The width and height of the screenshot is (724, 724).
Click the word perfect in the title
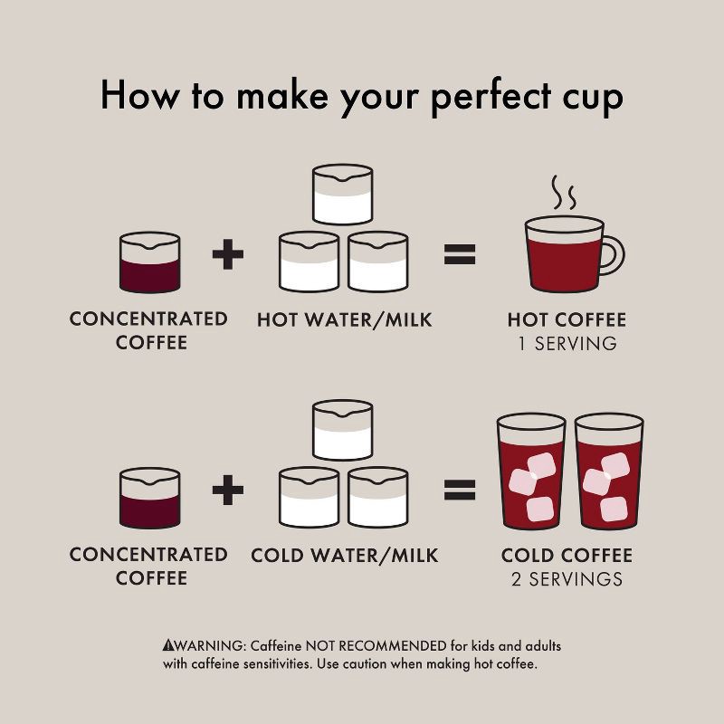click(491, 97)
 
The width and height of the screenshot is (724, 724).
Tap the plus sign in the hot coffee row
click(228, 253)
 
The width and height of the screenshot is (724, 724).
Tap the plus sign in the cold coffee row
click(228, 490)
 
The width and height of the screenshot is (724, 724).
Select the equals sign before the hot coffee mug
click(460, 254)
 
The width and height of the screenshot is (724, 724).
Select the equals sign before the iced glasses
click(460, 490)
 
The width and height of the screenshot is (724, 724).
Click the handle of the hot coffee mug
click(618, 255)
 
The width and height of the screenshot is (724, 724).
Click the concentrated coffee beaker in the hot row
click(149, 262)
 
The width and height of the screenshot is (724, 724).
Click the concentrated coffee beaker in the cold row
click(149, 499)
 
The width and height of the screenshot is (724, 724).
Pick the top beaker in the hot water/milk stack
click(342, 195)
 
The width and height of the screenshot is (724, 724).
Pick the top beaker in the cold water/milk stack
click(342, 431)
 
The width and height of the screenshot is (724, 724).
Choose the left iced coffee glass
click(531, 472)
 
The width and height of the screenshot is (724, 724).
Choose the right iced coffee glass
click(609, 472)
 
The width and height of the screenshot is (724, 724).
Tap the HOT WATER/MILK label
click(345, 319)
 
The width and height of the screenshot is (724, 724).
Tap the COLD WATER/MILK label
click(345, 555)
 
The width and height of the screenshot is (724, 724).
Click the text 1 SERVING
click(567, 344)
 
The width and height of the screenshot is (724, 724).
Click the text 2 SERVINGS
click(567, 579)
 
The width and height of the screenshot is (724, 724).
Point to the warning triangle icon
click(168, 644)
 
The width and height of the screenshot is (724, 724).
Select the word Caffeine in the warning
click(276, 645)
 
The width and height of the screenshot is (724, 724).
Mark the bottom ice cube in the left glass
click(539, 509)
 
